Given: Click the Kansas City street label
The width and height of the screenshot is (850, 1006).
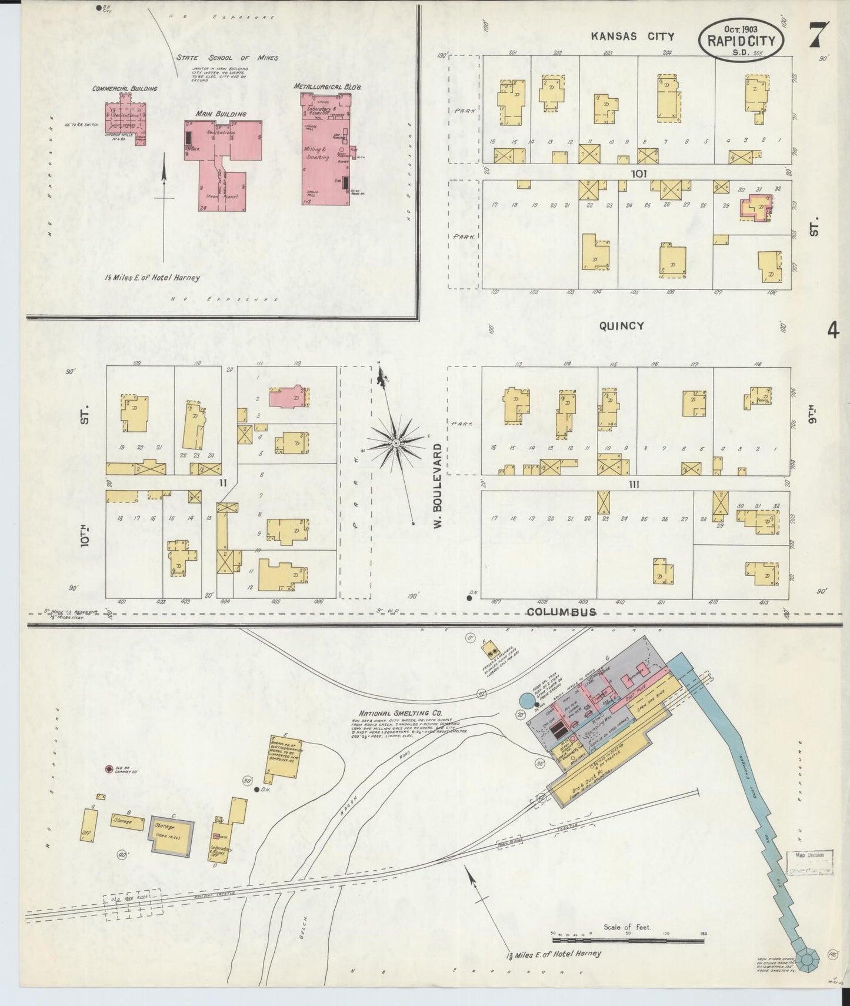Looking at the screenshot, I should [x=632, y=36].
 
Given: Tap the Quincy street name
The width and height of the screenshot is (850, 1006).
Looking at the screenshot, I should [x=621, y=326].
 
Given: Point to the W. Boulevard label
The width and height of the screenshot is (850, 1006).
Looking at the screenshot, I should [x=438, y=486].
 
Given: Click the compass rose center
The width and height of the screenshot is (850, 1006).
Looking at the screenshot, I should [x=397, y=442].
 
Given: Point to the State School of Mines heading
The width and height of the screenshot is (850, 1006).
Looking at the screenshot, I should [x=227, y=58].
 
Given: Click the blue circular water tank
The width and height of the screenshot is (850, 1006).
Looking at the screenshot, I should [x=528, y=701].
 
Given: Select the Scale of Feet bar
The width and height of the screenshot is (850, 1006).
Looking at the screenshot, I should [x=627, y=940].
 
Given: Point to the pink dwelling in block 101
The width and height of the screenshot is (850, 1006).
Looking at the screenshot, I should [x=756, y=208].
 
